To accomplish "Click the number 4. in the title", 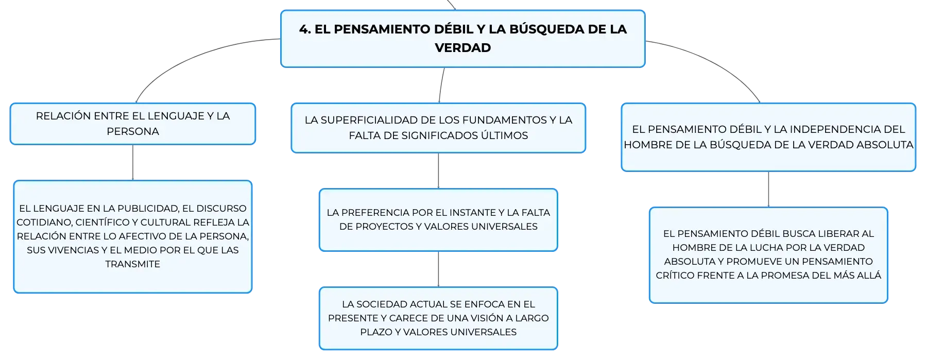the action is click(x=305, y=29).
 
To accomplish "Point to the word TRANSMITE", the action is click(x=133, y=264).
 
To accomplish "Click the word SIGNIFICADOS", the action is click(x=440, y=135).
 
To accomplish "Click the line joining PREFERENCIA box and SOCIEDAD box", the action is click(x=438, y=269).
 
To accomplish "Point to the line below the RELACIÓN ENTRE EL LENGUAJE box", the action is click(x=133, y=163).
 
